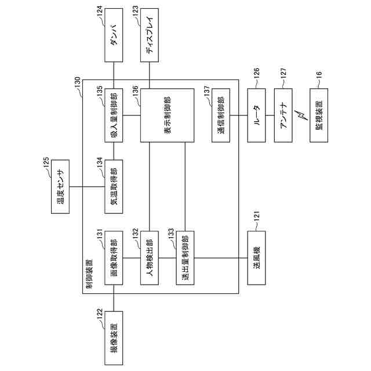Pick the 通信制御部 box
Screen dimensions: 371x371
pos(221,115)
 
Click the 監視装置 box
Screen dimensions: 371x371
pos(319,115)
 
